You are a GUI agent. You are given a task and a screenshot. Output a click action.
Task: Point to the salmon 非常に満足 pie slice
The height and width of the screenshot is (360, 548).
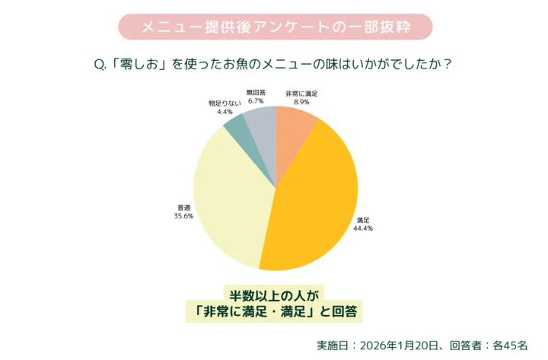tap(293, 126)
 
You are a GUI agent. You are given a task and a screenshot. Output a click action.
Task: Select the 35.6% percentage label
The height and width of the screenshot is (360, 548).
tap(183, 215)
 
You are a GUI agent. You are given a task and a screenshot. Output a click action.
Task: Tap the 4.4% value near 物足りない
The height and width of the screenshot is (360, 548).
tap(225, 111)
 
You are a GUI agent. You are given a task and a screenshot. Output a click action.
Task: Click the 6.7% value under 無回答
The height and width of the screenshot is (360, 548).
tap(256, 100)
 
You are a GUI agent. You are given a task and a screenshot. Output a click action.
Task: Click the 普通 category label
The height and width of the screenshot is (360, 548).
tap(183, 206)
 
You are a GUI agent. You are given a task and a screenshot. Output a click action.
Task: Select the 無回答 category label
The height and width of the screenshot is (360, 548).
tap(256, 92)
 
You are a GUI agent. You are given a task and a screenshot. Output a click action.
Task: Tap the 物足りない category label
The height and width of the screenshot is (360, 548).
tap(225, 102)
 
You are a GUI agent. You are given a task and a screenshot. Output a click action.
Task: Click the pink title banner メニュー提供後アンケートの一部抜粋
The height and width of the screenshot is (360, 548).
tap(275, 27)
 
